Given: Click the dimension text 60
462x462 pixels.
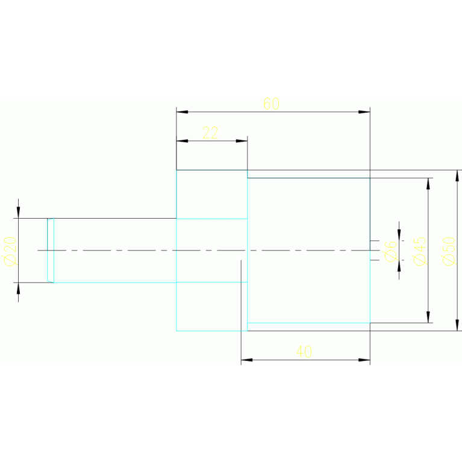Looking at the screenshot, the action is click(x=272, y=104).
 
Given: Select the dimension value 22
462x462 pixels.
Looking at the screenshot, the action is click(x=210, y=133).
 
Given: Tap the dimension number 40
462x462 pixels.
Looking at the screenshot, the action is click(x=304, y=352).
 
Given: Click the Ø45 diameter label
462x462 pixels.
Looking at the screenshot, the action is click(x=420, y=251).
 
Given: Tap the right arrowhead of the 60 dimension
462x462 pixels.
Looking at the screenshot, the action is click(x=364, y=112).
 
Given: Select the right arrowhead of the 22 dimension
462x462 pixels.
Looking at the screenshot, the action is click(x=242, y=141).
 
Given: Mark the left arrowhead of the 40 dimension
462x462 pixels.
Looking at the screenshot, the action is click(x=247, y=360).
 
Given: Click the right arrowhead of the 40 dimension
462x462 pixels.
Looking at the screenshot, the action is click(x=364, y=360).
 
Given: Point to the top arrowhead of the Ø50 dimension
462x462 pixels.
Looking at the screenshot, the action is click(x=457, y=176).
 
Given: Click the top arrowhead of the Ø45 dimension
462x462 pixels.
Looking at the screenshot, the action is click(x=428, y=184).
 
